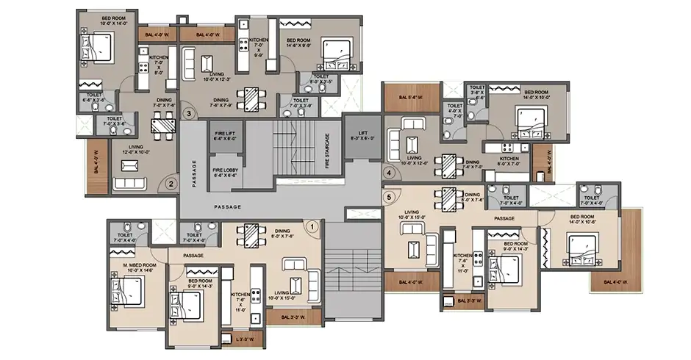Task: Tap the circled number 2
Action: pos(171,185)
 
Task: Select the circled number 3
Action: pos(189,114)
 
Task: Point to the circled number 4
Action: pos(389,173)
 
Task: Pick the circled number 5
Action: pos(389,198)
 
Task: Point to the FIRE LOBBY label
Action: pos(224,173)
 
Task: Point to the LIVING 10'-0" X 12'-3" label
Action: pos(216,77)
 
